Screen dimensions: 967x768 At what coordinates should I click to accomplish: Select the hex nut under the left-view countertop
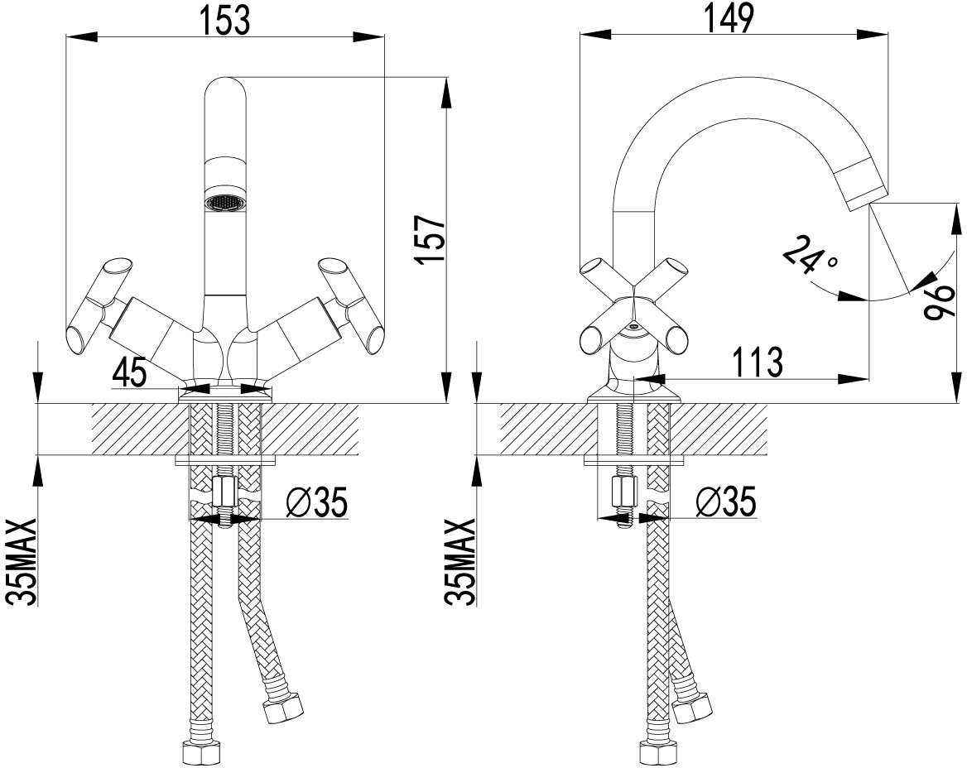point(224,494)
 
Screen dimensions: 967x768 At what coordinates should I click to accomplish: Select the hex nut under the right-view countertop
point(622,494)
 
